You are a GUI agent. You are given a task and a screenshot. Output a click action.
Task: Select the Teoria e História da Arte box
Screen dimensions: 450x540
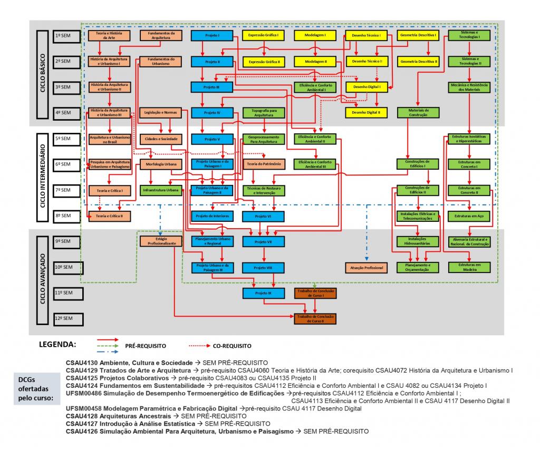[109, 36]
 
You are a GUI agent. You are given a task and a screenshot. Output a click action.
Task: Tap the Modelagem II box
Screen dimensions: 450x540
[315, 62]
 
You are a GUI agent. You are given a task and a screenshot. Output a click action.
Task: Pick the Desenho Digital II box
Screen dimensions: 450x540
[367, 112]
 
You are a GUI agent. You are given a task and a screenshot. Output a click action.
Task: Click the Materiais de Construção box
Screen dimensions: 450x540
[418, 112]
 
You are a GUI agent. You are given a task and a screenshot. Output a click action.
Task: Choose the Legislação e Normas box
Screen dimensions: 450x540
[160, 112]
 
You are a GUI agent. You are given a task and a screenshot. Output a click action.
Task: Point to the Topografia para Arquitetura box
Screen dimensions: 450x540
[263, 112]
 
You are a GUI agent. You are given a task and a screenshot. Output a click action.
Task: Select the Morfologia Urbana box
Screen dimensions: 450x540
[160, 164]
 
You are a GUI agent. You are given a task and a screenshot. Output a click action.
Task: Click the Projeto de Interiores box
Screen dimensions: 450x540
[211, 216]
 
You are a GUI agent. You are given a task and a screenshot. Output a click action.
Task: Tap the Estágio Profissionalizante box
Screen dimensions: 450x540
[160, 241]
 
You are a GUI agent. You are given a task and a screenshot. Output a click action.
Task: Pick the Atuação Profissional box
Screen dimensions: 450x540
[366, 268]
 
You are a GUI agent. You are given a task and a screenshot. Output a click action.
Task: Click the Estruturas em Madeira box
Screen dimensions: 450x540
[469, 267]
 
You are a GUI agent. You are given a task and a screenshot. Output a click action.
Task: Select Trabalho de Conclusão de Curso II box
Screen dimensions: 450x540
[315, 318]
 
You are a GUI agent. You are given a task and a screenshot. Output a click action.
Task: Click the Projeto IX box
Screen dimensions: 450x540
[263, 292]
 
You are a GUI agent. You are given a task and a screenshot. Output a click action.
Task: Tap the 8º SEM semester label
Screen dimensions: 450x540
[67, 216]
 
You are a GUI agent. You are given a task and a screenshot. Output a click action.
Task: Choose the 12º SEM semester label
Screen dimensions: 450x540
[67, 318]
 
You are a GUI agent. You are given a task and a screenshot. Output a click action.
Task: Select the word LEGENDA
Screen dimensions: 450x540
[57, 345]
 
